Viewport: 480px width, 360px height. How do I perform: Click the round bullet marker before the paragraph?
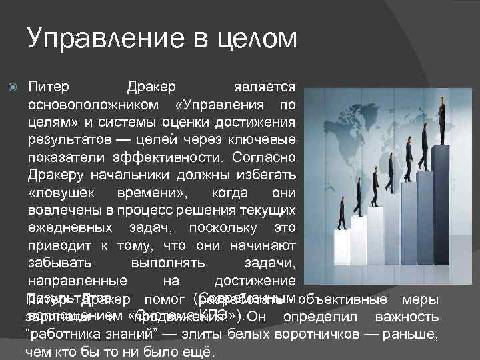point(13,88)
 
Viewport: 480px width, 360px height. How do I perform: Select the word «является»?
point(265,88)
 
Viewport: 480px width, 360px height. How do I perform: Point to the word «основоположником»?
point(94,105)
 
